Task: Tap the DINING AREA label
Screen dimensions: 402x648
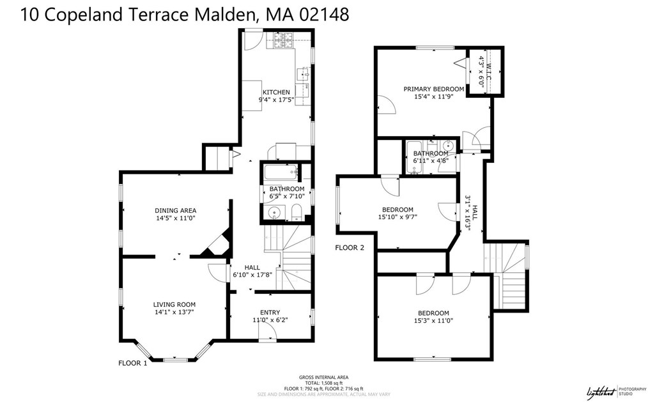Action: pyautogui.click(x=175, y=210)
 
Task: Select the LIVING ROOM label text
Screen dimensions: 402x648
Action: pyautogui.click(x=174, y=304)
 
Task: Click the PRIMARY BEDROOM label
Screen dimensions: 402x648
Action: pyautogui.click(x=433, y=89)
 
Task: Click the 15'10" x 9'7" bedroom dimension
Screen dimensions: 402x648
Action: pyautogui.click(x=397, y=217)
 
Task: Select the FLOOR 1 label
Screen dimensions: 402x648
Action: pyautogui.click(x=132, y=363)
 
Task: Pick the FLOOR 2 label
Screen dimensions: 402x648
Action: pyautogui.click(x=349, y=247)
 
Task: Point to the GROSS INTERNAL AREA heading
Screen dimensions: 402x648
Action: pyautogui.click(x=323, y=377)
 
